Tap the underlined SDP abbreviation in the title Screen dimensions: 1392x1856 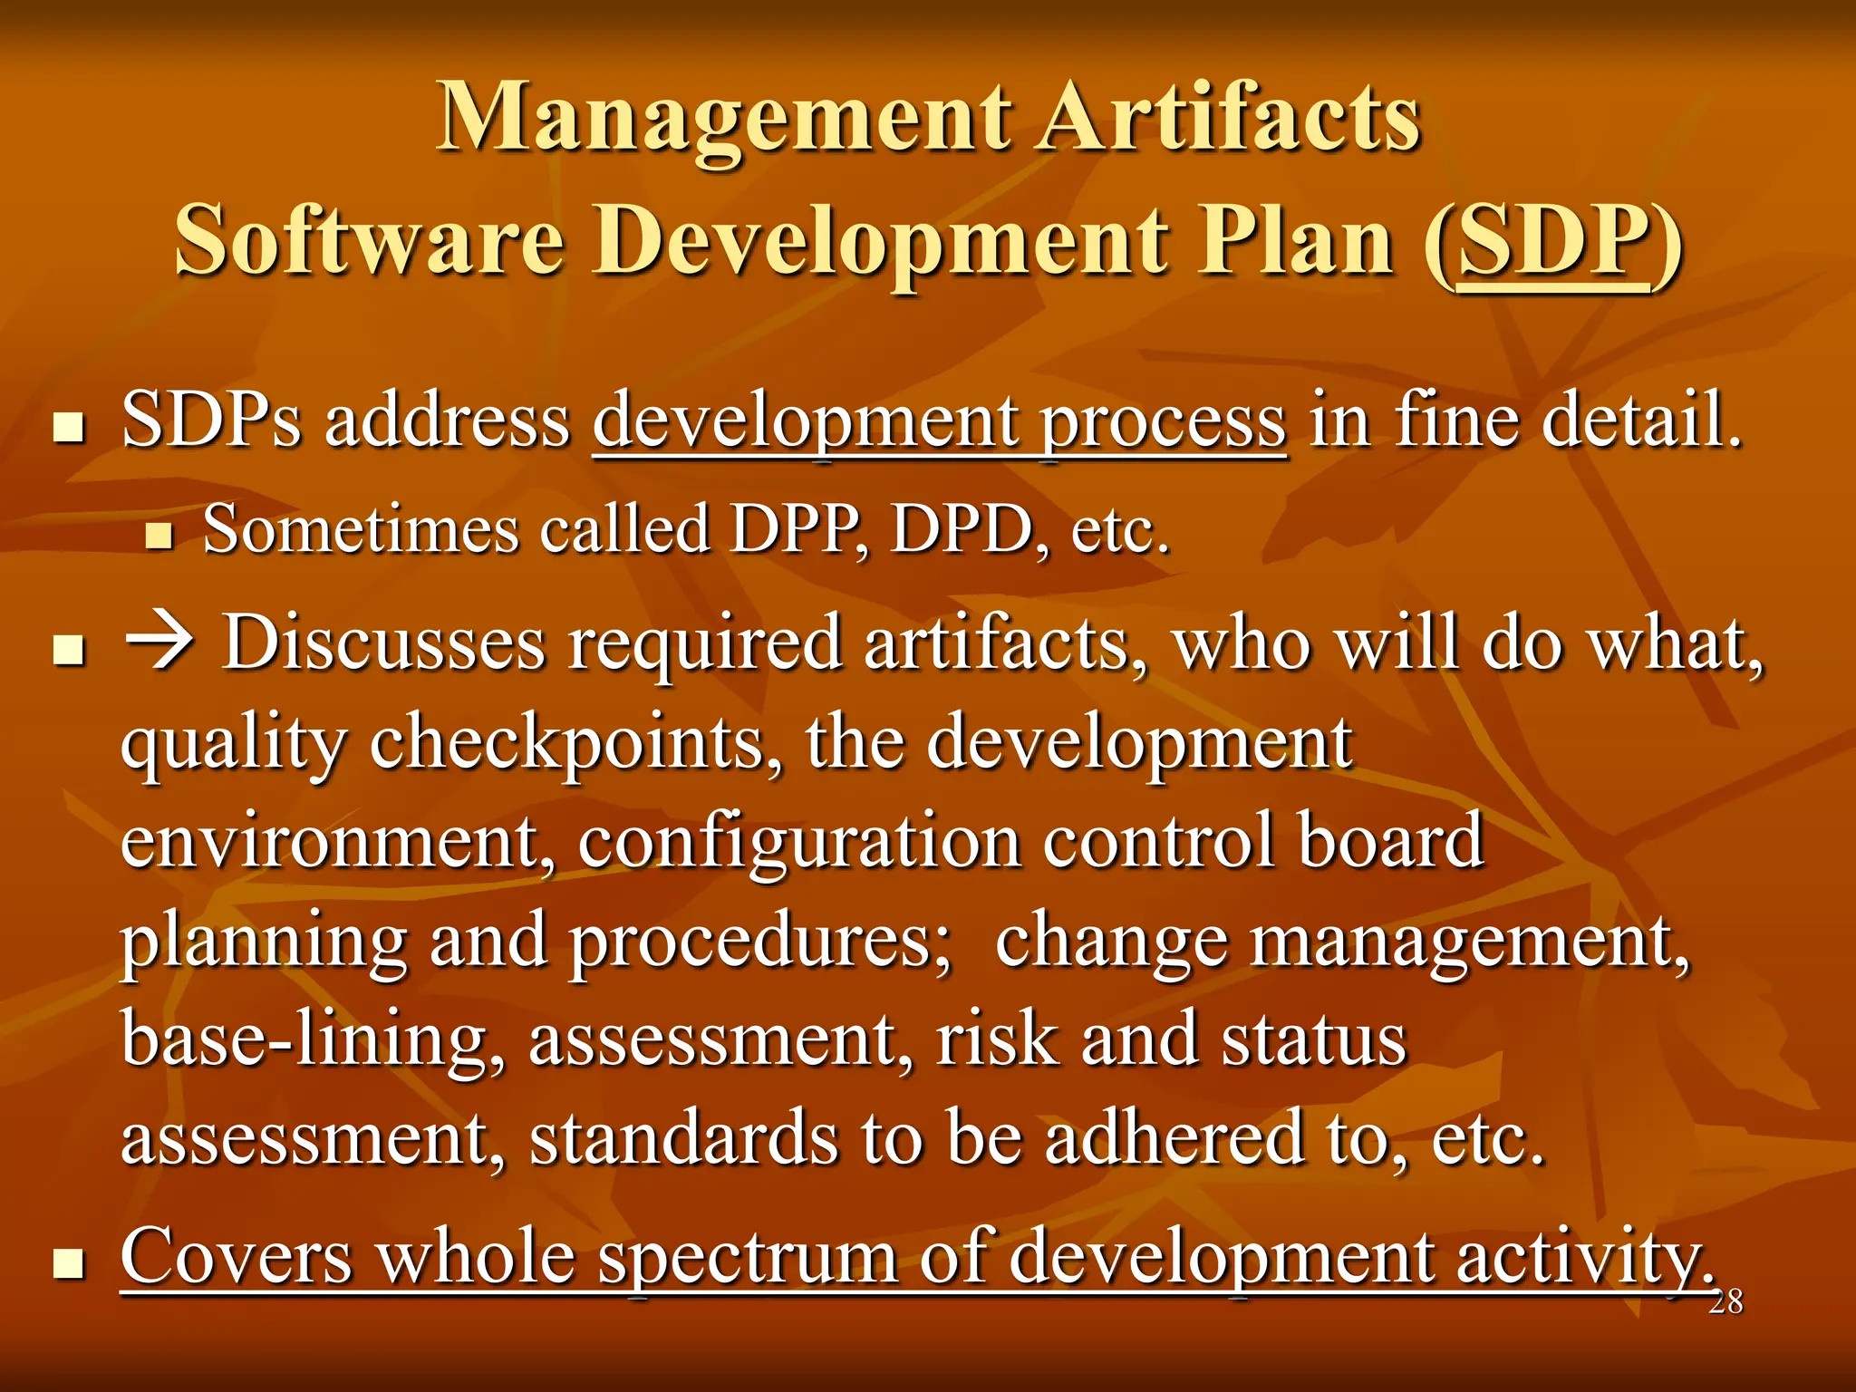tap(1552, 241)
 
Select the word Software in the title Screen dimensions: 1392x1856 tap(370, 241)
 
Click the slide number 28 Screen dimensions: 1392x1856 tap(1725, 1302)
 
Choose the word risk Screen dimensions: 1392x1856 tap(996, 1040)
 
